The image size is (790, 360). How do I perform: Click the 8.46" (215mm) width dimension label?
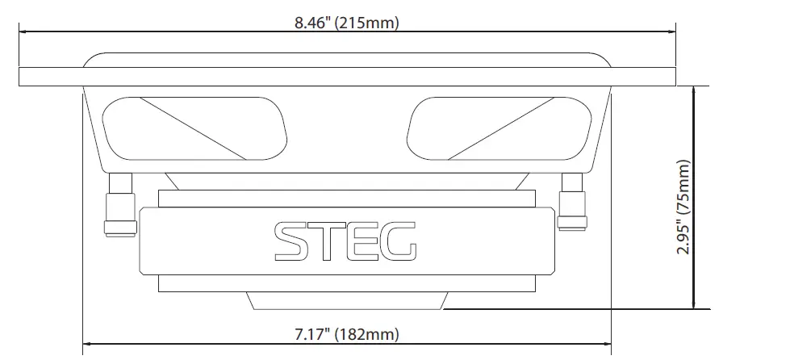(x=346, y=23)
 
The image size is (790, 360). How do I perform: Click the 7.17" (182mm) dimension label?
(x=346, y=333)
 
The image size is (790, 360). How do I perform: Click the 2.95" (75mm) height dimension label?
(x=684, y=207)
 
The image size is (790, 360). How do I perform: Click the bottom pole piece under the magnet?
(x=346, y=301)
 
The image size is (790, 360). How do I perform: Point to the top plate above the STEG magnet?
(x=346, y=198)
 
